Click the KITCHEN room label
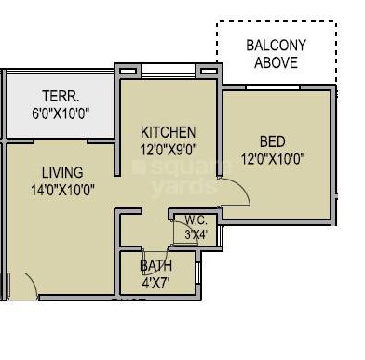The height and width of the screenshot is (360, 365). point(168,132)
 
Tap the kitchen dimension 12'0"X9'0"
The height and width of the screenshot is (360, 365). point(169,151)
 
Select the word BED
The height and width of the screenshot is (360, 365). point(273,141)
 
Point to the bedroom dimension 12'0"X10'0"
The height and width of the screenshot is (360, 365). point(273,160)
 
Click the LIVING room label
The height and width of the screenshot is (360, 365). point(62,172)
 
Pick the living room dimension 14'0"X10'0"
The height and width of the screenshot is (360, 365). point(62,190)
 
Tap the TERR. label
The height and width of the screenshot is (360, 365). point(61,96)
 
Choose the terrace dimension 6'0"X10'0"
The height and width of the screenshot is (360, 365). point(61,113)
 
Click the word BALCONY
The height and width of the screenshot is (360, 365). point(277,46)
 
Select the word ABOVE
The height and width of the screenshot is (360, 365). point(277,62)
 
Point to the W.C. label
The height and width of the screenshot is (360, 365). point(196,220)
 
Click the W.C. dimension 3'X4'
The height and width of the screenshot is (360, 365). point(196,234)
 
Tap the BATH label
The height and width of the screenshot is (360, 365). point(155,266)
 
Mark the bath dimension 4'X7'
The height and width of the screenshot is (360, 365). point(155,283)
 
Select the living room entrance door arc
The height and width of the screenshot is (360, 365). point(34,283)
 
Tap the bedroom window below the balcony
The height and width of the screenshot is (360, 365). point(273,87)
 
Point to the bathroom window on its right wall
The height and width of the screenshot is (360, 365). point(199,272)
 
